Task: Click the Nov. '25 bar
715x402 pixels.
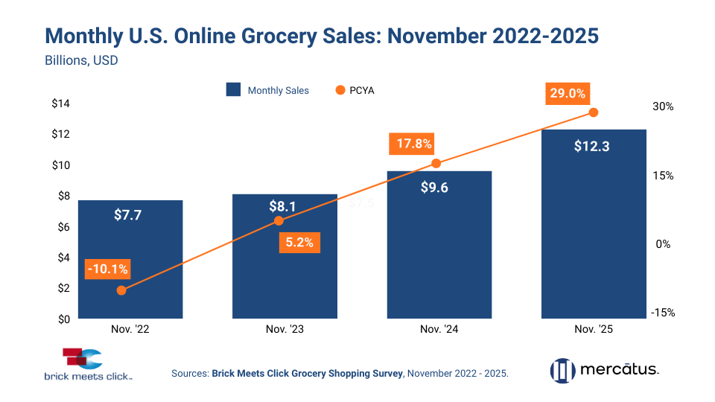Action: click(594, 223)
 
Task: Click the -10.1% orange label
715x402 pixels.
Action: click(107, 269)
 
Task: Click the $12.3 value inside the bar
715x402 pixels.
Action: click(592, 147)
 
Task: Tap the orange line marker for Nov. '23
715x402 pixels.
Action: click(279, 220)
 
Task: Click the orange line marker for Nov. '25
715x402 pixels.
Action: click(594, 112)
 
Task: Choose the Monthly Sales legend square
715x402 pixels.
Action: click(233, 90)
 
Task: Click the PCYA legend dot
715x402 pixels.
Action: click(340, 90)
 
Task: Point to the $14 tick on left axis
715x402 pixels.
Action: click(60, 103)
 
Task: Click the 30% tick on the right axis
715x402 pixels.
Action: click(663, 106)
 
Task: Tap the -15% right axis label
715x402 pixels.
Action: click(662, 313)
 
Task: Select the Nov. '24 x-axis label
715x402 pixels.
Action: click(439, 330)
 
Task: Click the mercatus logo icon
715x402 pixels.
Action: click(562, 370)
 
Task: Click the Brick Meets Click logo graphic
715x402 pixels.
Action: click(83, 358)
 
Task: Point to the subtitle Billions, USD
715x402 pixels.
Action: click(82, 61)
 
